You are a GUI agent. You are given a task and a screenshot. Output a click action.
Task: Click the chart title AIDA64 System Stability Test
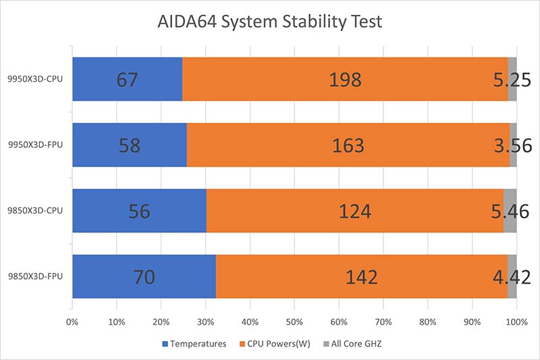pos(269,22)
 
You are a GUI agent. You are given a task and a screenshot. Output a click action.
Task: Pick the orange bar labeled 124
pos(354,211)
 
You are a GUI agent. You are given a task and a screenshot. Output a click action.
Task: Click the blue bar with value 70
pos(144,276)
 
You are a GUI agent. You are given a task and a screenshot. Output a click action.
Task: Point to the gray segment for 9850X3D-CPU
pos(510,211)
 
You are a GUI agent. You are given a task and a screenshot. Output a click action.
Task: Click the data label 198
pos(346,80)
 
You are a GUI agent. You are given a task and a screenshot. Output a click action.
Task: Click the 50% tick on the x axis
pos(294,322)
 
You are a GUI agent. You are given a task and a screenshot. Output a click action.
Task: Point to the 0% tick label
pos(72,322)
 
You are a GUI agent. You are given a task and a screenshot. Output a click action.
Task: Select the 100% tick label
pos(516,322)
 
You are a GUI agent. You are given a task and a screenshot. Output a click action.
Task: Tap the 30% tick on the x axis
pos(205,322)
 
